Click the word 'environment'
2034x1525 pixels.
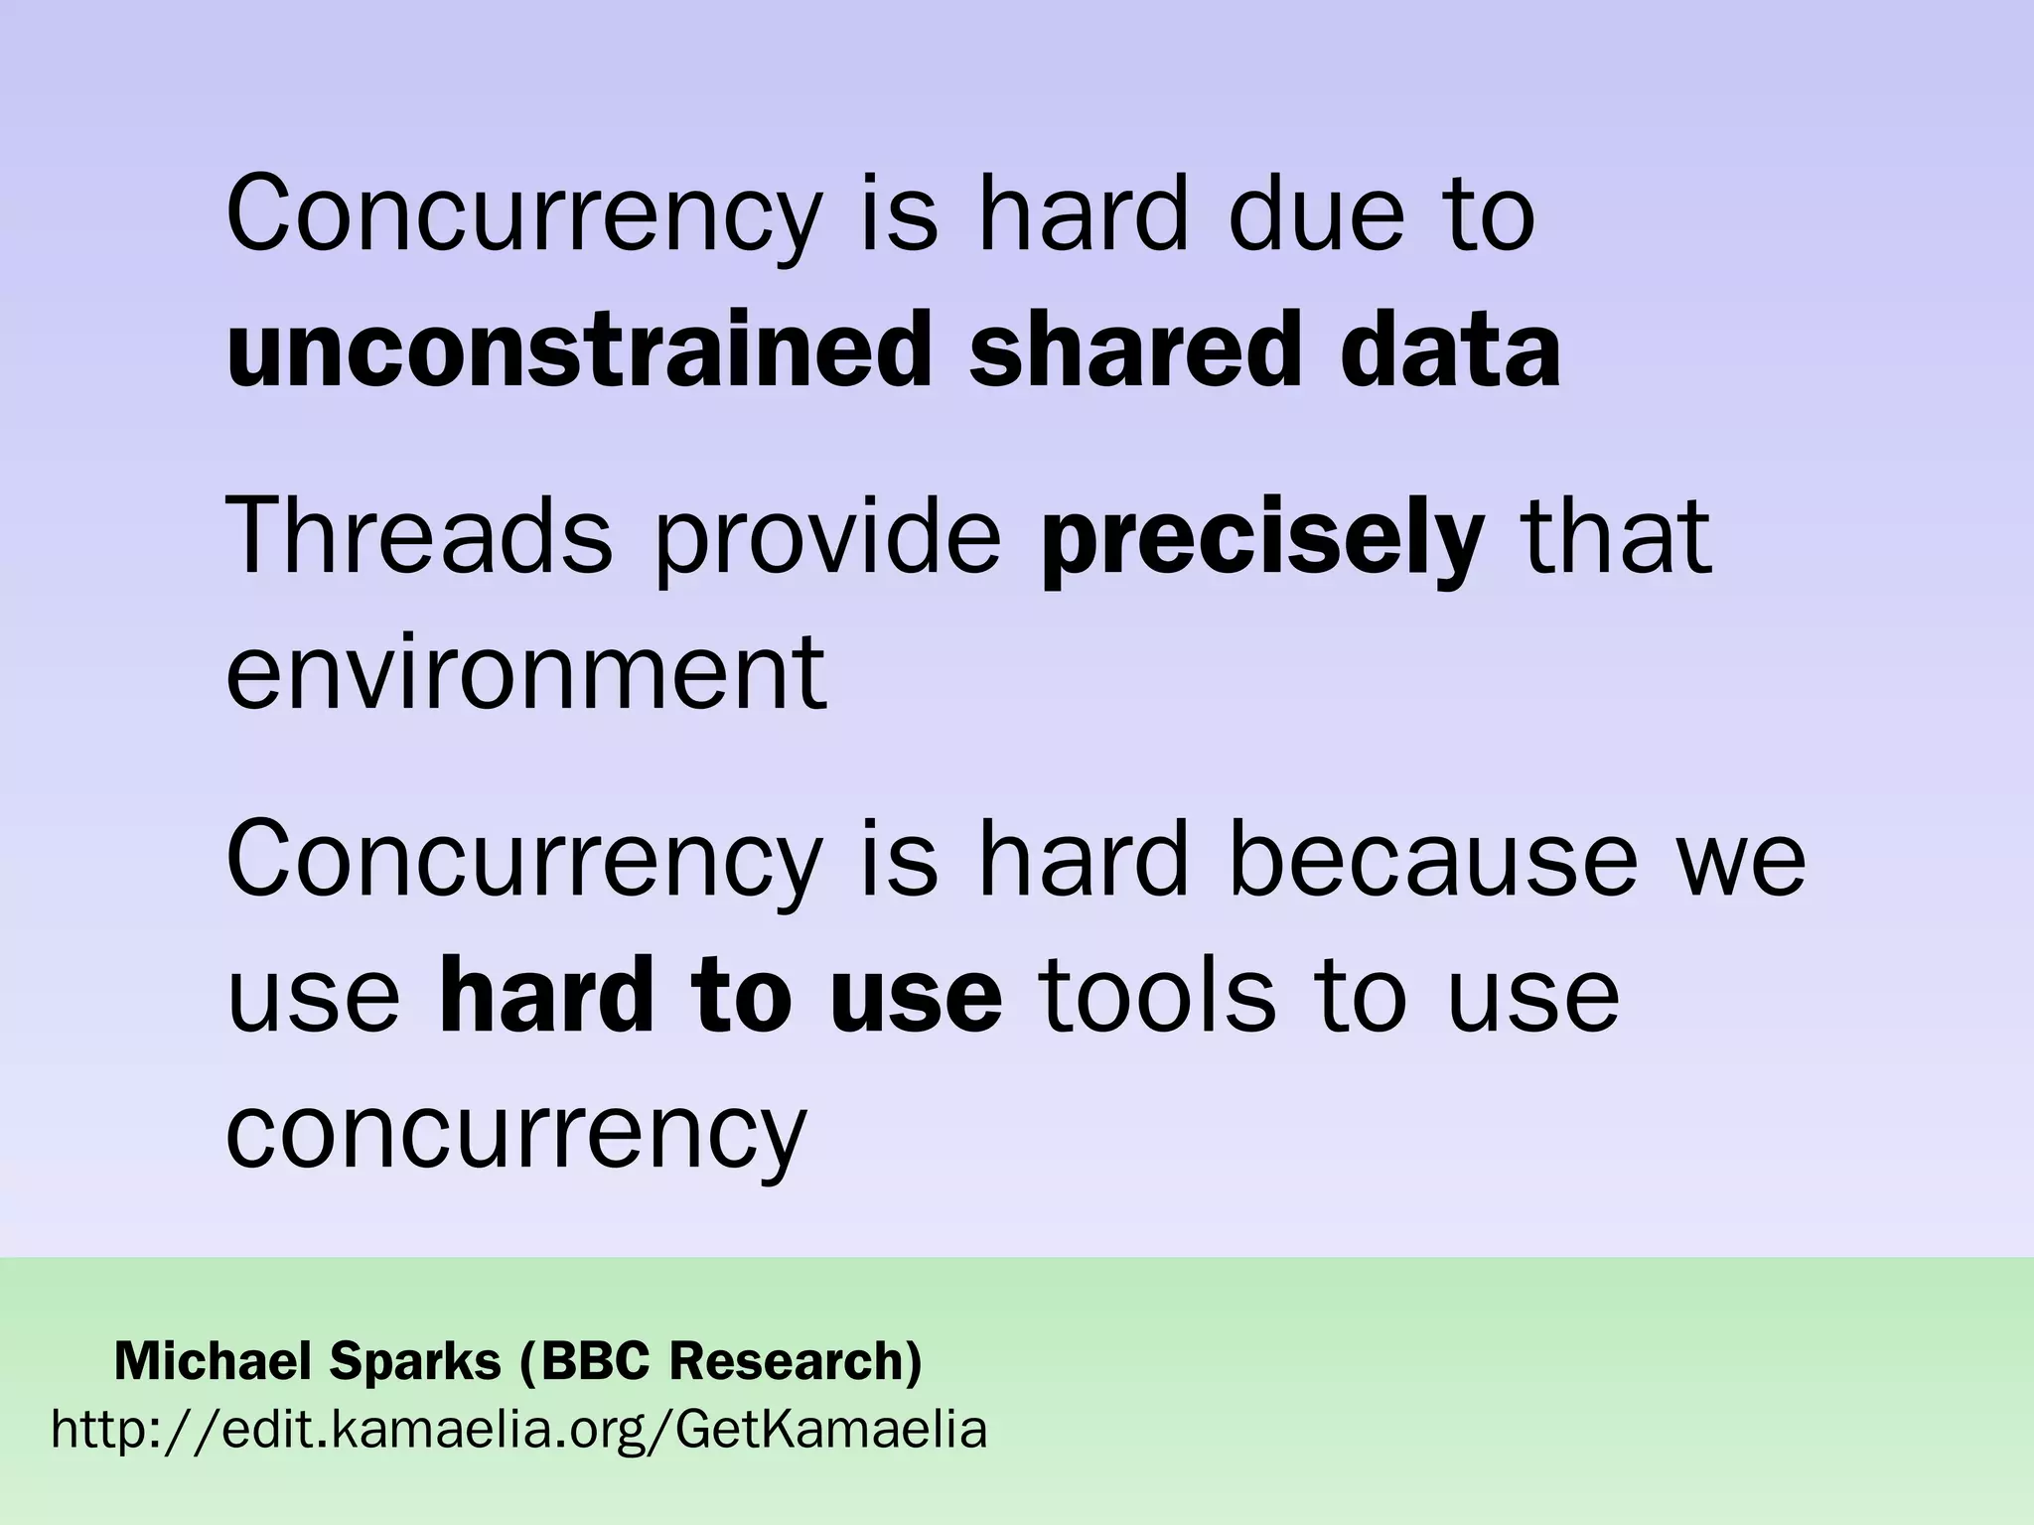coord(526,673)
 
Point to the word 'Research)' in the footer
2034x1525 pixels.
coord(796,1360)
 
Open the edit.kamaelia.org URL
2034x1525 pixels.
coord(519,1430)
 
